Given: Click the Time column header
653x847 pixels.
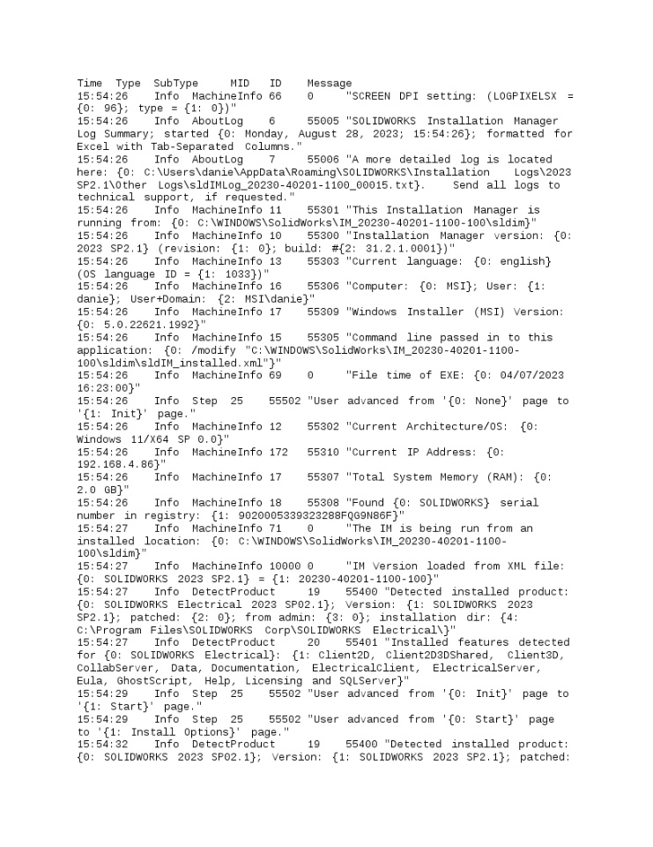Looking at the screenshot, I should [x=90, y=83].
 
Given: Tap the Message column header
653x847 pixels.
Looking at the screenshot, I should [x=329, y=83].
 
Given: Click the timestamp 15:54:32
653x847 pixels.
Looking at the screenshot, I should [x=102, y=743].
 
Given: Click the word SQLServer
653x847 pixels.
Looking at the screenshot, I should [x=374, y=679].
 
